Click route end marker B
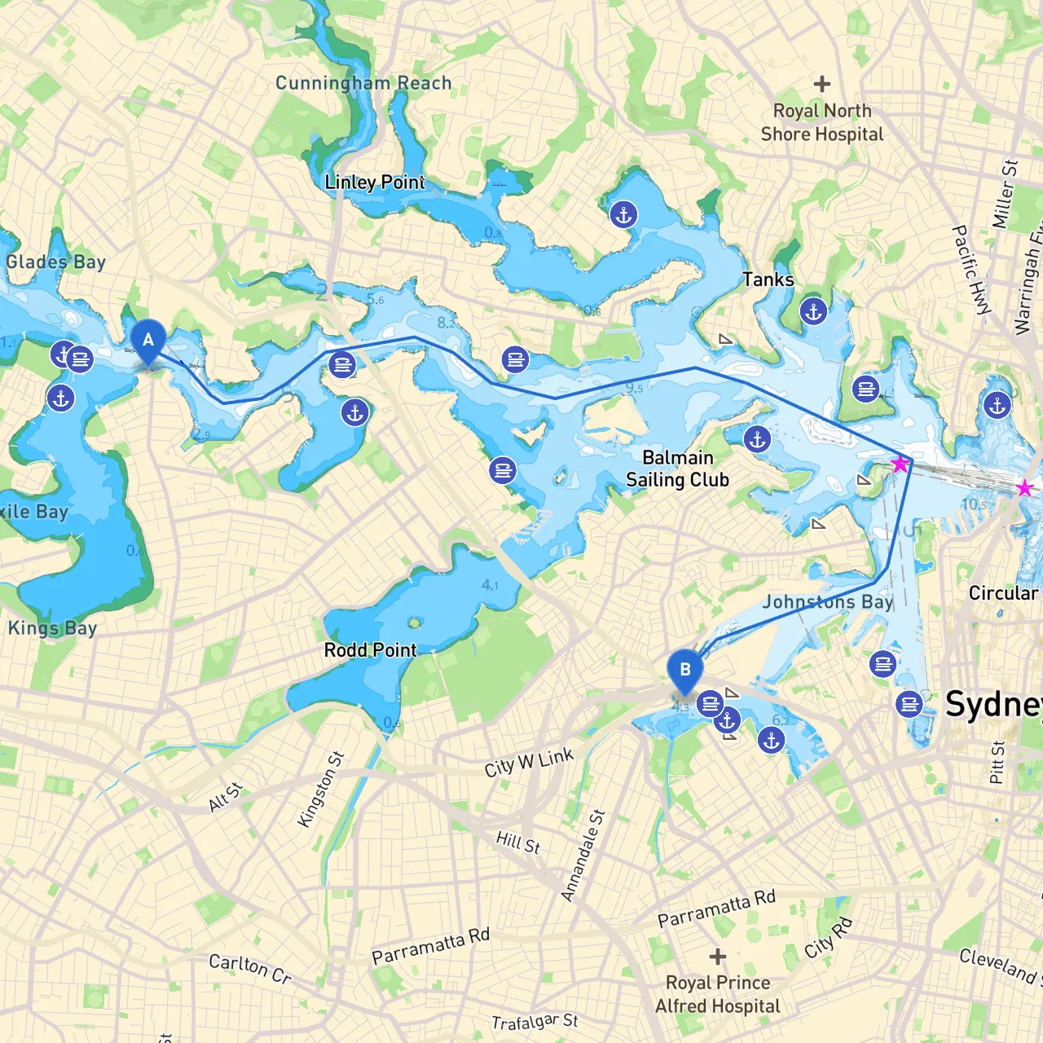pos(684,670)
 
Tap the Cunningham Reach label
pos(363,83)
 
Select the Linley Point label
pos(375,183)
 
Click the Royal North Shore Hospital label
pos(821,123)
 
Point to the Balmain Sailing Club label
pos(677,469)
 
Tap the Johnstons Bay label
pos(827,602)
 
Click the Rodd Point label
pos(370,650)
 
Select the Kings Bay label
pos(52,628)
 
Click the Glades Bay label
pos(55,262)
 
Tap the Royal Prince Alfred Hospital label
pos(718,995)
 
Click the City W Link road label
pos(529,764)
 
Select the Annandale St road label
pos(583,856)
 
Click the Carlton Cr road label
pos(250,969)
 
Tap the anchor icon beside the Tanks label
pos(813,311)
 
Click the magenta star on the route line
pos(900,464)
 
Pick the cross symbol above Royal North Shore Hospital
pos(822,84)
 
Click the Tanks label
pos(768,280)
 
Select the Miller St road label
pos(1005,194)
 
